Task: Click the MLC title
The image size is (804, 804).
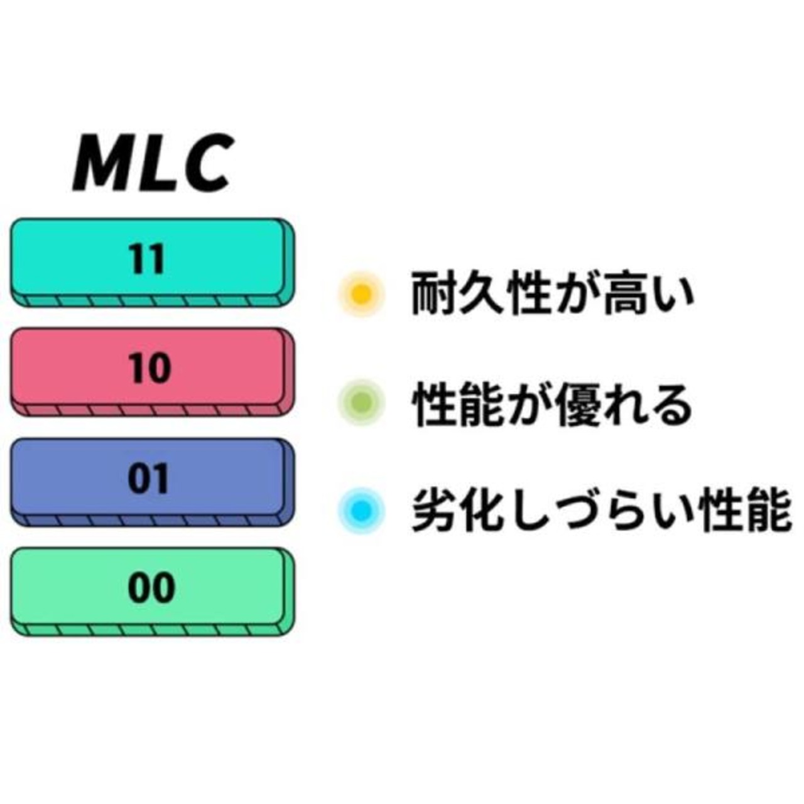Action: point(153,161)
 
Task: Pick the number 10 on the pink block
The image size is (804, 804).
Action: point(149,368)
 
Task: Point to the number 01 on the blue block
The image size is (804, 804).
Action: point(148,479)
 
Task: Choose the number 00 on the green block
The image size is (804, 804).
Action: point(151,589)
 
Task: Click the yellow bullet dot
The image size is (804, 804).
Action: point(361,293)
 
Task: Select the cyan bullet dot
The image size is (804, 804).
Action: point(361,509)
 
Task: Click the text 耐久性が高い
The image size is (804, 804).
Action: point(552,293)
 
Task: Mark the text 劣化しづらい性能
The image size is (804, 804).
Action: point(600,511)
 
